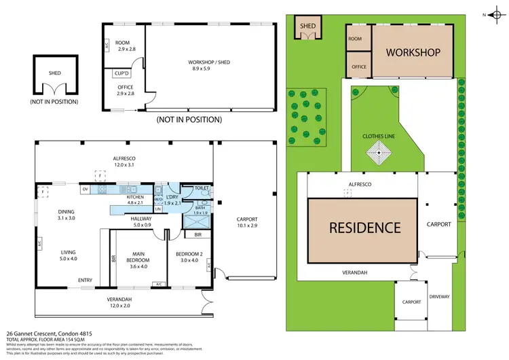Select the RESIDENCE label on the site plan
click(x=365, y=227)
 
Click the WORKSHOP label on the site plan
click(x=414, y=52)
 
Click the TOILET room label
click(x=201, y=187)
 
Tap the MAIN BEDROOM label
click(x=138, y=259)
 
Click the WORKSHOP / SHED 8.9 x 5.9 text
click(x=209, y=66)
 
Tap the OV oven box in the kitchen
click(x=85, y=190)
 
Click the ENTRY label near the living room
click(x=85, y=280)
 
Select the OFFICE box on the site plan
click(x=358, y=67)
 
